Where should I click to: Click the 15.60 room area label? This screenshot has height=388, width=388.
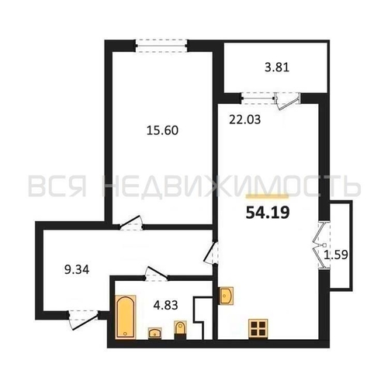tap(162, 130)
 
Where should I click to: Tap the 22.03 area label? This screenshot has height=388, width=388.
tap(245, 120)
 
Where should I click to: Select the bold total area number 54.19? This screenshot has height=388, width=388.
tap(268, 213)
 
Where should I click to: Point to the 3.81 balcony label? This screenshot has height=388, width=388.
tap(277, 68)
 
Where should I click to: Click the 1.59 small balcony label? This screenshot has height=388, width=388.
tap(336, 255)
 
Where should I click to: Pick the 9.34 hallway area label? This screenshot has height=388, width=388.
tap(77, 270)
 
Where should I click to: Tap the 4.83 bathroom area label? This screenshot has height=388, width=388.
tap(165, 305)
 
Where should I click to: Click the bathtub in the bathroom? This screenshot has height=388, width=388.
tap(126, 317)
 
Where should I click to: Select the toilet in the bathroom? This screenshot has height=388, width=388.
tap(180, 330)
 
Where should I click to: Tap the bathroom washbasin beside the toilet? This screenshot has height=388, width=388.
tap(155, 333)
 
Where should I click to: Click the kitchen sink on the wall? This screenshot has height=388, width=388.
tap(226, 296)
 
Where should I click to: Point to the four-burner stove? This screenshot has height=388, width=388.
tap(258, 328)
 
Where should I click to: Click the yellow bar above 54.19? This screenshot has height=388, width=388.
tap(267, 197)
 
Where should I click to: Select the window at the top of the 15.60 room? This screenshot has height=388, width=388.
tap(161, 46)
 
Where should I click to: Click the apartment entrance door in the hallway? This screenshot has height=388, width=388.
tap(83, 320)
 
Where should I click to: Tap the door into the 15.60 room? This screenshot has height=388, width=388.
tap(130, 223)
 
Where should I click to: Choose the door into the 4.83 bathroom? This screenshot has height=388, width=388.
tap(156, 274)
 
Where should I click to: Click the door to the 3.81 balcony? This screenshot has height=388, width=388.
tap(288, 102)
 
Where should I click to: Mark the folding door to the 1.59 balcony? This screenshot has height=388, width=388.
tap(320, 245)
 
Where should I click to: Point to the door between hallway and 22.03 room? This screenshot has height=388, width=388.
tap(211, 253)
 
